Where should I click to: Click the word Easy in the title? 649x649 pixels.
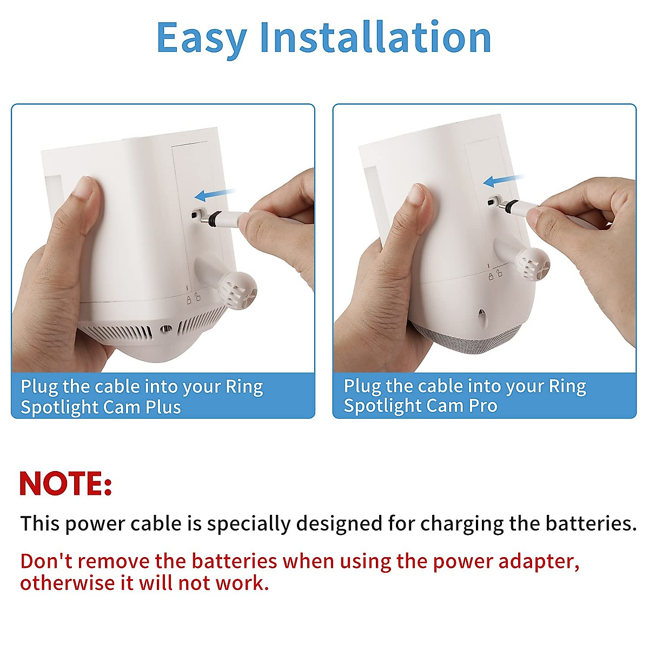[201, 38]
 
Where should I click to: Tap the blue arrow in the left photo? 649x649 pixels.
[215, 194]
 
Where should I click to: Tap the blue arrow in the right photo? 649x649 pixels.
[503, 180]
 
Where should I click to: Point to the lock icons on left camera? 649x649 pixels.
[193, 298]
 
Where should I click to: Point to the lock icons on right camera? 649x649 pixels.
[495, 275]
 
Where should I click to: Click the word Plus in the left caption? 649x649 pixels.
[163, 407]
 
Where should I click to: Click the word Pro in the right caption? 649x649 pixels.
[483, 406]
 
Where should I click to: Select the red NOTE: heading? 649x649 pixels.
[65, 483]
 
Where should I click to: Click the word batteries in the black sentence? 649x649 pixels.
[588, 524]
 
